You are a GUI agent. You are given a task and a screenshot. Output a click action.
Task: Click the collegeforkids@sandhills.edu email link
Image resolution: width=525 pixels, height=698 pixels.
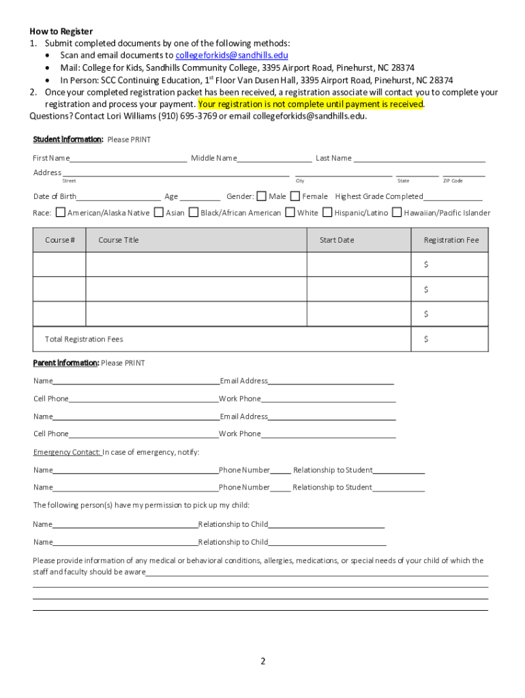pyautogui.click(x=231, y=55)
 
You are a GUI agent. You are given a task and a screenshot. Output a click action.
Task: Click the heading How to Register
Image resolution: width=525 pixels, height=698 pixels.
pyautogui.click(x=61, y=31)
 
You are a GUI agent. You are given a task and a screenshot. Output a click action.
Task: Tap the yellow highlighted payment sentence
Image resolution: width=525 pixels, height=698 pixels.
pyautogui.click(x=311, y=104)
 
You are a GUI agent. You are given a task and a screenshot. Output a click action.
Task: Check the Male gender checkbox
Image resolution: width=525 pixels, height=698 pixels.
pyautogui.click(x=262, y=196)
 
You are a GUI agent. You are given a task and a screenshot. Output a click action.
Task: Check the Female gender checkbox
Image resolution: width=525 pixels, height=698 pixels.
pyautogui.click(x=295, y=196)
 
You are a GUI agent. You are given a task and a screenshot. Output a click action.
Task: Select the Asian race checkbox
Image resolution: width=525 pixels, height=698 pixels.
pyautogui.click(x=159, y=213)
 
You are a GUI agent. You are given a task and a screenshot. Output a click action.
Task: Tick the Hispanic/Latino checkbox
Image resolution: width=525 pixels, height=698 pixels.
pyautogui.click(x=327, y=213)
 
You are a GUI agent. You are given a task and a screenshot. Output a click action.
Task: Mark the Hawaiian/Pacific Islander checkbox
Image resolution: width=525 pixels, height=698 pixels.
pyautogui.click(x=397, y=213)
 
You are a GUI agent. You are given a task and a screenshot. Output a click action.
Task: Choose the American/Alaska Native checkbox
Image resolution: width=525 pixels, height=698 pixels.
pyautogui.click(x=60, y=213)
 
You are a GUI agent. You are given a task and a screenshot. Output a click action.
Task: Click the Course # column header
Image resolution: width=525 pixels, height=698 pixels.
pyautogui.click(x=60, y=240)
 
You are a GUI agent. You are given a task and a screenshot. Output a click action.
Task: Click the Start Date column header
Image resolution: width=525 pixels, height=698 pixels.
pyautogui.click(x=337, y=240)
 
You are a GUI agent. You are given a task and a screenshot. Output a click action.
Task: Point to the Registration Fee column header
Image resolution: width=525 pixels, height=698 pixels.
pyautogui.click(x=451, y=240)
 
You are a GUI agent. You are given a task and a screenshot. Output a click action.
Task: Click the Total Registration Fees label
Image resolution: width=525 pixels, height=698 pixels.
pyautogui.click(x=84, y=339)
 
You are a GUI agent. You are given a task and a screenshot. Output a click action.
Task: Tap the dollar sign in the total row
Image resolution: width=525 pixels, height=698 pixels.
pyautogui.click(x=426, y=339)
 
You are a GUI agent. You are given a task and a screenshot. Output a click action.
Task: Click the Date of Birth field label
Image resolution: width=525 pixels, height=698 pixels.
pyautogui.click(x=55, y=196)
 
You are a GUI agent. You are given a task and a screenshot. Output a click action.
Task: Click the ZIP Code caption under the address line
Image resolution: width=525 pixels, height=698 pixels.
pyautogui.click(x=453, y=181)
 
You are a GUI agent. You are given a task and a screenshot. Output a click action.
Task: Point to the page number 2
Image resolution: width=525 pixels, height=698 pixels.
pyautogui.click(x=262, y=661)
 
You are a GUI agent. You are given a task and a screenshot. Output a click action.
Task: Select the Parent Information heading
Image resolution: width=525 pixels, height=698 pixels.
pyautogui.click(x=66, y=363)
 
